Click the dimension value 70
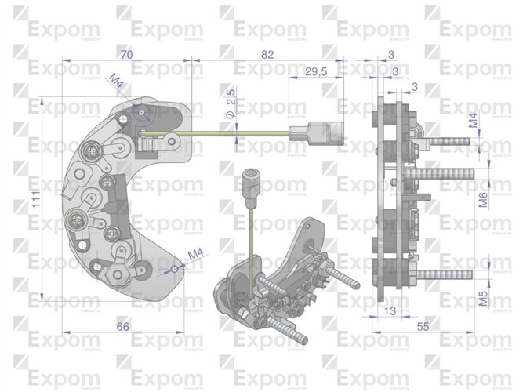coord(126,54)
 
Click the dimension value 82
coord(267,54)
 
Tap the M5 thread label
coord(484,299)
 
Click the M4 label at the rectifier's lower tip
coord(196,254)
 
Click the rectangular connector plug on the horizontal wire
coord(321,132)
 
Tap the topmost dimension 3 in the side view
coord(390,54)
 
